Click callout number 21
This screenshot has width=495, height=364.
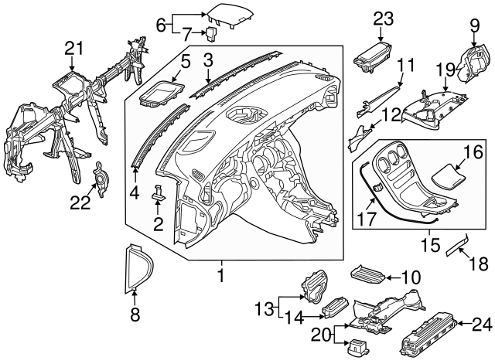click(x=73, y=49)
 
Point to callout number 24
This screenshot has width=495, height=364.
click(x=480, y=324)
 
